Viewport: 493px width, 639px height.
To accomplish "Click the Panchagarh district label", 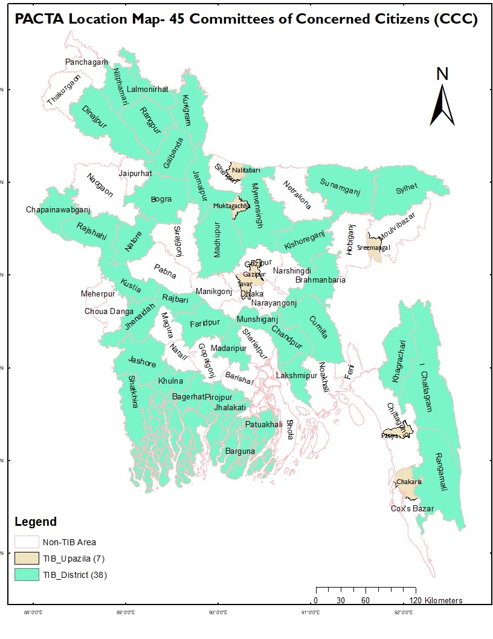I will (x=86, y=62).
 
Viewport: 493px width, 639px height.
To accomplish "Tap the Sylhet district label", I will (x=407, y=188).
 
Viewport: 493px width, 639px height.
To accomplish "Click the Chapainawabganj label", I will (x=58, y=210).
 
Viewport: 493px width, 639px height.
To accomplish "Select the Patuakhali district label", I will (x=263, y=425).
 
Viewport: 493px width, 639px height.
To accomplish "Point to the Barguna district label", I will (x=240, y=451).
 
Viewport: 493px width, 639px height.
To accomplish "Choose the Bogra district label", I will (x=161, y=199).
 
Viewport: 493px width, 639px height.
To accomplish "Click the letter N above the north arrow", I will (x=442, y=73).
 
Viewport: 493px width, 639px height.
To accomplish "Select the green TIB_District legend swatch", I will (x=26, y=575).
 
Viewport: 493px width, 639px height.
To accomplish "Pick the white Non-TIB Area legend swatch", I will (x=26, y=542).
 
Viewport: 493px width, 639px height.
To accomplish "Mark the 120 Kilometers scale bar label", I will (x=435, y=600).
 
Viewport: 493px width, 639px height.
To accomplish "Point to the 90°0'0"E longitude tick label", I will (x=217, y=612).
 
